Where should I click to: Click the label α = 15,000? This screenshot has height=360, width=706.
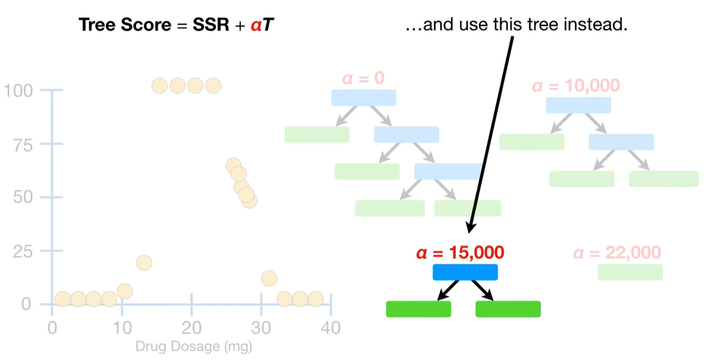(x=460, y=253)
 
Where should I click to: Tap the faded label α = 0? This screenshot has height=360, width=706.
(x=363, y=79)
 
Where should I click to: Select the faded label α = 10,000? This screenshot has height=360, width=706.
(x=576, y=86)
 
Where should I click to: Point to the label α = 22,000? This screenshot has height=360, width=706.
(x=617, y=253)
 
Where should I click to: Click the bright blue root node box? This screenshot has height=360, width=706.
(x=465, y=272)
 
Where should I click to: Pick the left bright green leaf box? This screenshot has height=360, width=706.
(x=419, y=309)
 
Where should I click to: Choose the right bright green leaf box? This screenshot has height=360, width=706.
(x=508, y=309)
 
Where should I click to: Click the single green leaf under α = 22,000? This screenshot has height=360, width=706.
(x=630, y=272)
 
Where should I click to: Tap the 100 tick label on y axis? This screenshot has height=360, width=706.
(x=17, y=91)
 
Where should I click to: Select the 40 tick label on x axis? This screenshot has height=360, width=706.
(x=331, y=327)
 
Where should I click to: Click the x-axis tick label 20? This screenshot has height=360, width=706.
(x=192, y=327)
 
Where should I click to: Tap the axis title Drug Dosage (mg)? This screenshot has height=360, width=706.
(x=194, y=346)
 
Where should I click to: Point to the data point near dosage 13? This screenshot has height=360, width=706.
(x=144, y=262)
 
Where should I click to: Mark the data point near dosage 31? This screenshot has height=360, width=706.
(x=269, y=278)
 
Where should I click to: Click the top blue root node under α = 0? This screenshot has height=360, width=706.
(x=363, y=98)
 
